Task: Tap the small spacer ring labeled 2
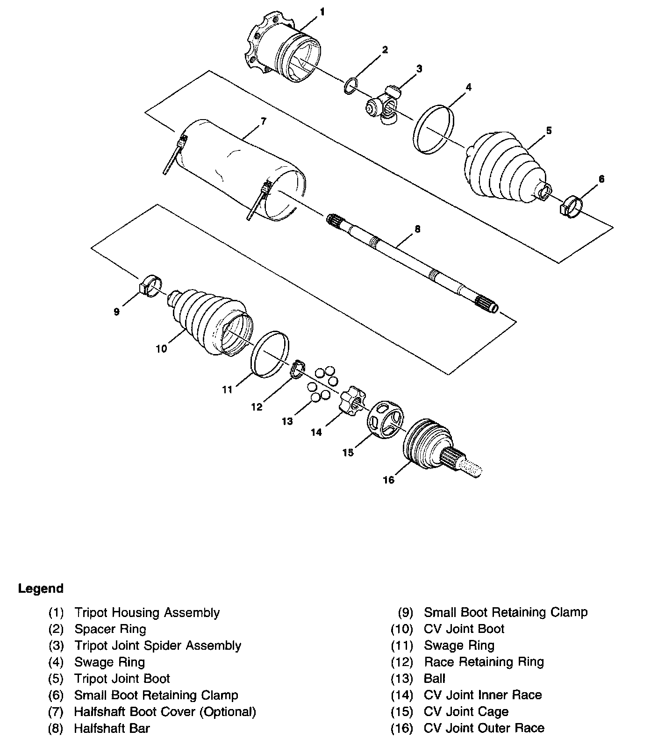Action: pyautogui.click(x=351, y=86)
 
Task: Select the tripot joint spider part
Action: pyautogui.click(x=385, y=106)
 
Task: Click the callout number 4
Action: pyautogui.click(x=468, y=87)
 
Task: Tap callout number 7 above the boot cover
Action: pyautogui.click(x=263, y=121)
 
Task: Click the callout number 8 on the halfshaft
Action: pyautogui.click(x=417, y=229)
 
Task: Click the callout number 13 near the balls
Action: pyautogui.click(x=287, y=421)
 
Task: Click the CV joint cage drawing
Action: pyautogui.click(x=386, y=419)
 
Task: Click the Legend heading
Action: pyautogui.click(x=41, y=589)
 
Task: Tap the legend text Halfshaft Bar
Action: pyautogui.click(x=112, y=728)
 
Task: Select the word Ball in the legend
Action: pyautogui.click(x=435, y=678)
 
